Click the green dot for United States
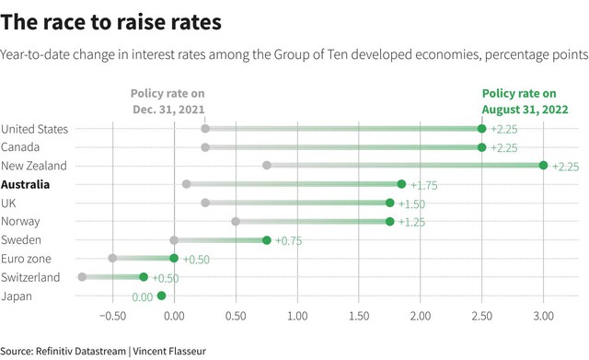(x=482, y=129)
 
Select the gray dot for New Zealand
(x=267, y=166)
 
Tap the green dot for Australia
(x=401, y=184)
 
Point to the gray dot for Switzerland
(x=82, y=277)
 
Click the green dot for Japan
(x=162, y=296)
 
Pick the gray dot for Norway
(x=236, y=221)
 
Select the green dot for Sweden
(x=267, y=240)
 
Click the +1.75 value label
(x=424, y=186)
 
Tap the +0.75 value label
(x=288, y=241)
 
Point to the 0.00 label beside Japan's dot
(x=143, y=297)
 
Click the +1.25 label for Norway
(x=411, y=223)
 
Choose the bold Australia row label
(x=25, y=184)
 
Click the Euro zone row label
(x=26, y=259)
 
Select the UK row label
(x=8, y=203)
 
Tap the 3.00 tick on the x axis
(x=544, y=316)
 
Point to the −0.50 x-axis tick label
(x=112, y=316)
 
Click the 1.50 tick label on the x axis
(x=359, y=316)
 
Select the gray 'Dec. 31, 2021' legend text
(x=168, y=110)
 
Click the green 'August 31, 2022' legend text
(x=525, y=110)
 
